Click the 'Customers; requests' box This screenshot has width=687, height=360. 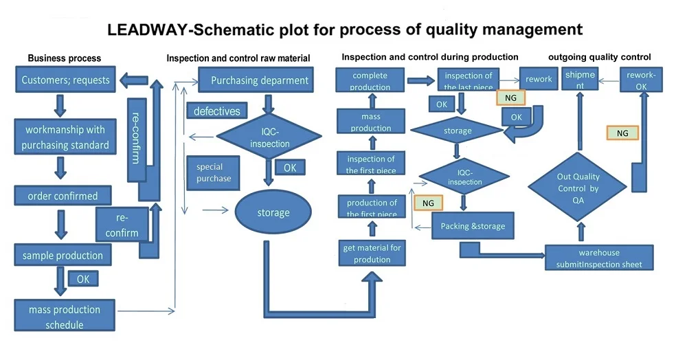click(65, 80)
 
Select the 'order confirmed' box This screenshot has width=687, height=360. click(63, 196)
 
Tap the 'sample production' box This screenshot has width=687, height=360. click(63, 256)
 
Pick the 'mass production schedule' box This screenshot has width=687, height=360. click(65, 317)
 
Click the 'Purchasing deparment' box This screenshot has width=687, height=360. click(260, 80)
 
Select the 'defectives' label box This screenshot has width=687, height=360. click(216, 111)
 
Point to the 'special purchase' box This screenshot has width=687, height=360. click(214, 173)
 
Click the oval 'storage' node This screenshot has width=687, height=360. click(273, 212)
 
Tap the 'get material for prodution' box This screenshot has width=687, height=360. click(372, 254)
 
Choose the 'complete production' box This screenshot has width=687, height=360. click(370, 80)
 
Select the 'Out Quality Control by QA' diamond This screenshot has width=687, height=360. click(578, 188)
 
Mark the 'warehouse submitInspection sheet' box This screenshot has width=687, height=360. click(598, 258)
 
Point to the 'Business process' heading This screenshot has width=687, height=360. click(64, 58)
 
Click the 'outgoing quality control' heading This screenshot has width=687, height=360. click(599, 57)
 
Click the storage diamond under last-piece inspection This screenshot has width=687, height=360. click(458, 131)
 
